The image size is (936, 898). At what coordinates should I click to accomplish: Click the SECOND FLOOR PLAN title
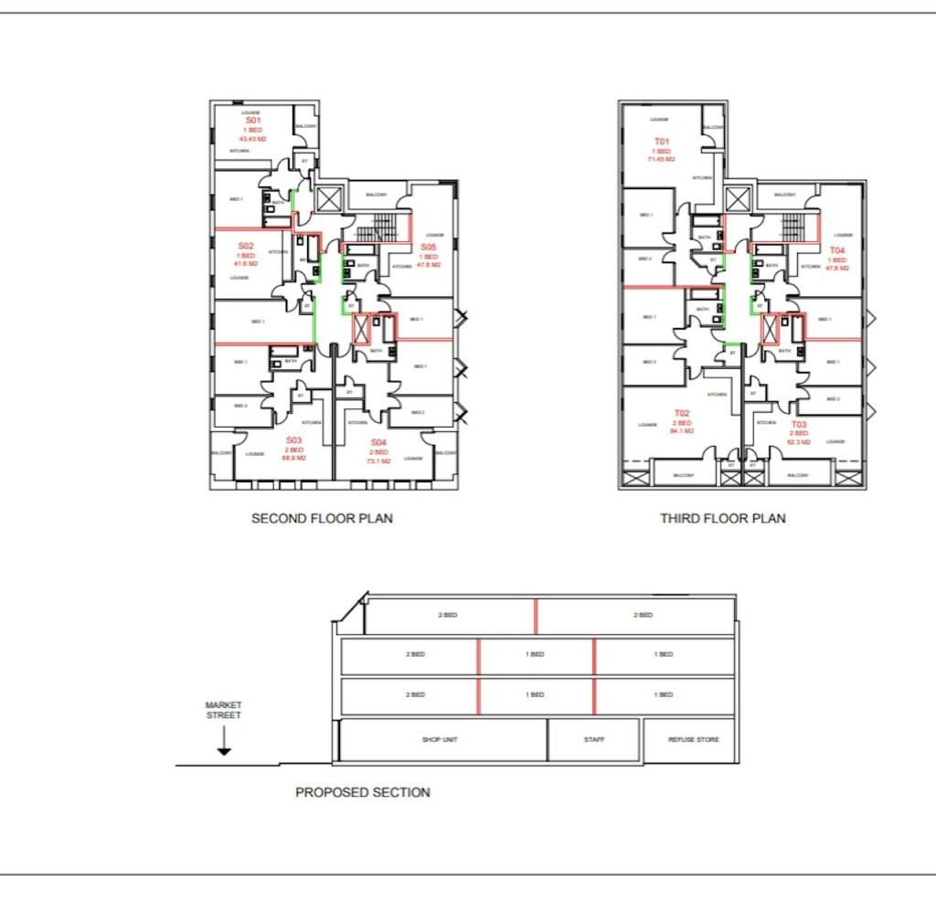pyautogui.click(x=322, y=518)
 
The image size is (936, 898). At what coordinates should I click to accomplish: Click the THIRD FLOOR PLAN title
pyautogui.click(x=722, y=518)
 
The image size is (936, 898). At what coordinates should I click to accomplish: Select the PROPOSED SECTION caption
pyautogui.click(x=362, y=792)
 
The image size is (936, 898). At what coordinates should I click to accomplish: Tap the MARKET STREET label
pyautogui.click(x=223, y=710)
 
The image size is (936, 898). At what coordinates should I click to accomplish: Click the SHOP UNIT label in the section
pyautogui.click(x=440, y=739)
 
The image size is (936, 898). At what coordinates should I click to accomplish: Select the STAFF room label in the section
pyautogui.click(x=594, y=739)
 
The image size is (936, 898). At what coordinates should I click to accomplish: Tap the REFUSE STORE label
pyautogui.click(x=694, y=739)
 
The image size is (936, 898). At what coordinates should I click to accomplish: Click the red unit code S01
pyautogui.click(x=253, y=121)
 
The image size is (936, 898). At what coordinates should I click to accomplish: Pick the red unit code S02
pyautogui.click(x=246, y=246)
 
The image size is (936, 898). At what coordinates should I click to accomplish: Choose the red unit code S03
pyautogui.click(x=292, y=440)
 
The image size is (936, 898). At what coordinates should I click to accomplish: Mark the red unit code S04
pyautogui.click(x=378, y=442)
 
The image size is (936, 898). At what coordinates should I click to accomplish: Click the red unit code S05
pyautogui.click(x=429, y=248)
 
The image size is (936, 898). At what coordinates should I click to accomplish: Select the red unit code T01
pyautogui.click(x=661, y=141)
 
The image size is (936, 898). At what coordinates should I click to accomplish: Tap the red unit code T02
pyautogui.click(x=682, y=413)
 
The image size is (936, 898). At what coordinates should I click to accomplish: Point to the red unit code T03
pyautogui.click(x=799, y=425)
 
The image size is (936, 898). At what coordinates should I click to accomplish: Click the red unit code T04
pyautogui.click(x=837, y=250)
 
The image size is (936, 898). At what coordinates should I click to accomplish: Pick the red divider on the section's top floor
pyautogui.click(x=536, y=616)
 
